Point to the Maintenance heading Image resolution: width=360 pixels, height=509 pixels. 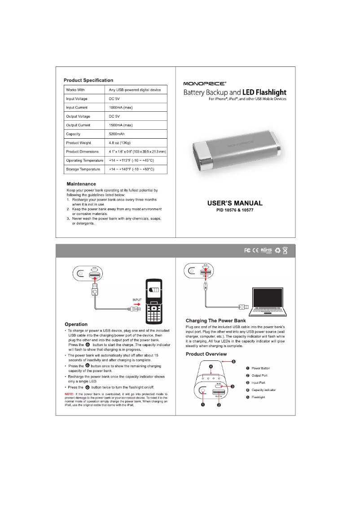point(81,184)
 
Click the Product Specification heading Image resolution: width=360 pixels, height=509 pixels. point(88,80)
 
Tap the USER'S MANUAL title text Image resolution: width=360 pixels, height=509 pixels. point(235,203)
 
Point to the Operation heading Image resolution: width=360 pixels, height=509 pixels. point(76,324)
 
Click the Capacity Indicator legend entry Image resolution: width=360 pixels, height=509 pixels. point(263,390)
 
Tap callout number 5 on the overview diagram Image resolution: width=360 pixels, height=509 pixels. point(233,361)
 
